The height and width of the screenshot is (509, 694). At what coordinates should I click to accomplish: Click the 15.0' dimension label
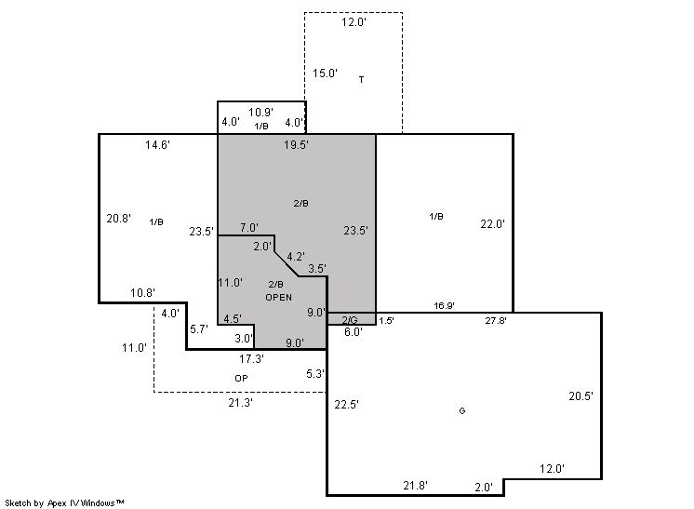326,74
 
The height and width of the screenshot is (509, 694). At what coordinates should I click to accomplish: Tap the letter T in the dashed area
362,80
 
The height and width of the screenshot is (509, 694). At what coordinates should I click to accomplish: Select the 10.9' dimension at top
260,113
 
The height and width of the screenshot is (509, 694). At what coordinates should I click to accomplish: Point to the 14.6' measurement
157,145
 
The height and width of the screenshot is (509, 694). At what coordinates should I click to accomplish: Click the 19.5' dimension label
296,145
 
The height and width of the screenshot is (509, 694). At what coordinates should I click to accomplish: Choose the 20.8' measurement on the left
119,218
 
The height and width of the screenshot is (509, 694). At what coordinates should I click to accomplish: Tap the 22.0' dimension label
493,224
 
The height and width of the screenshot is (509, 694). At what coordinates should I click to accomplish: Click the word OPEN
279,298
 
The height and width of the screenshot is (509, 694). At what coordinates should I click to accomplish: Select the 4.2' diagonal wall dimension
296,257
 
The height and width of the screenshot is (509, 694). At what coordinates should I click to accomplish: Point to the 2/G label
350,320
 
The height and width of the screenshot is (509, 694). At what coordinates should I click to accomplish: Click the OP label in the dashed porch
241,378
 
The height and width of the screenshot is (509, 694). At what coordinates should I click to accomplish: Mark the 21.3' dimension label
240,403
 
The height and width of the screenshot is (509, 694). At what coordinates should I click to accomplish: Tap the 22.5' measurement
347,405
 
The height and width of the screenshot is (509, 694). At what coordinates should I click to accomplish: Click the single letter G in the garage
462,410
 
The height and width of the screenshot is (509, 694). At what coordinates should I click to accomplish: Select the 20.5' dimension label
581,396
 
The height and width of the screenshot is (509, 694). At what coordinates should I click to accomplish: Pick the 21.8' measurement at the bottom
415,486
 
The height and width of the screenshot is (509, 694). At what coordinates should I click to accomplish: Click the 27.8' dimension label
496,320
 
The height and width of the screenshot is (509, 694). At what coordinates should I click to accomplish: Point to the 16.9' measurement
444,306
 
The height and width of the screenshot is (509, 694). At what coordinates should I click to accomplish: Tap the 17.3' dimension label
251,359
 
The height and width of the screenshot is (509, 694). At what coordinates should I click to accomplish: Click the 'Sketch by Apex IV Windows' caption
64,503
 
